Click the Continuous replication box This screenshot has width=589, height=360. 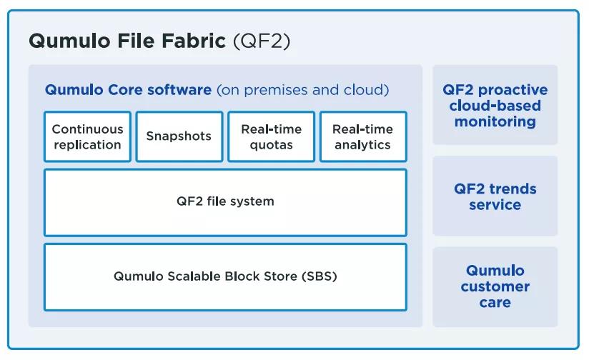87,136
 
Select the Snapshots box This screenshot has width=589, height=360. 179,136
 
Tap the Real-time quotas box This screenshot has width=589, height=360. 271,136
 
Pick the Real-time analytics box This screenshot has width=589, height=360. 363,136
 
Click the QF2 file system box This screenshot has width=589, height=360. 225,203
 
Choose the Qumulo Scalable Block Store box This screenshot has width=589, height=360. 225,277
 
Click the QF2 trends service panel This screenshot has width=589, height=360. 495,196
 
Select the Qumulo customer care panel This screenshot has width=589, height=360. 495,287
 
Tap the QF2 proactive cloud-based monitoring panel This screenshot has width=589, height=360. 495,105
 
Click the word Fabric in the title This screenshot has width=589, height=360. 194,41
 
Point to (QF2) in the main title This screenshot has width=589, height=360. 262,41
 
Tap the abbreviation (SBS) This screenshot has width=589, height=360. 320,276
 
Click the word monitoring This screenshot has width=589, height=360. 495,122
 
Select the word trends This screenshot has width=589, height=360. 513,189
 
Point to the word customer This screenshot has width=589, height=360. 495,286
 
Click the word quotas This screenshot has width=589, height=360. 271,145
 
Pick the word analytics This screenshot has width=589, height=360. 363,145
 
